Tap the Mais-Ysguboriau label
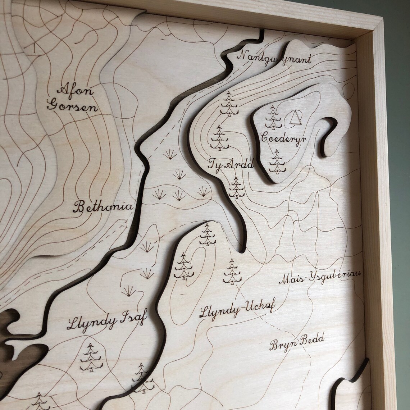tap(319, 277)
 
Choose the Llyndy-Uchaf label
tap(237, 310)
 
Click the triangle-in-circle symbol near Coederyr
tap(295, 118)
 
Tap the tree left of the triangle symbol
tap(272, 117)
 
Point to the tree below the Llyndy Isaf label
tap(91, 357)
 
